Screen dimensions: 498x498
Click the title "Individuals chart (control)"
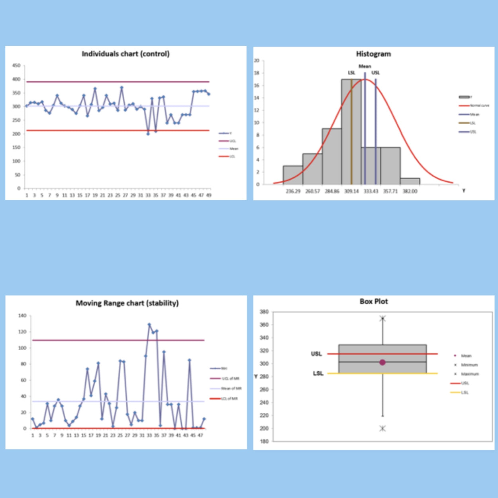pyautogui.click(x=125, y=54)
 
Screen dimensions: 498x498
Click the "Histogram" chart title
pyautogui.click(x=373, y=54)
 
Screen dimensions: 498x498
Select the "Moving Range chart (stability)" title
pyautogui.click(x=127, y=303)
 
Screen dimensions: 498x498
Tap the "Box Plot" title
pyautogui.click(x=373, y=302)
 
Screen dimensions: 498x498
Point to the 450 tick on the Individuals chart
pyautogui.click(x=16, y=66)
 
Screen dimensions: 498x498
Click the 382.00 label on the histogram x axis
pyautogui.click(x=410, y=191)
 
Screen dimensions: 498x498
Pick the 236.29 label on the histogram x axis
pyautogui.click(x=293, y=191)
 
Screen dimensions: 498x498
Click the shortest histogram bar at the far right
pyautogui.click(x=410, y=181)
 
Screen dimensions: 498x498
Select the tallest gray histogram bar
pyautogui.click(x=351, y=131)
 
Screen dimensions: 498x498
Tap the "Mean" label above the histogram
pyautogui.click(x=365, y=67)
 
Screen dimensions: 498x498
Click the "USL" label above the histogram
pyautogui.click(x=376, y=73)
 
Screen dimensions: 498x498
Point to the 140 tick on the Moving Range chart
pyautogui.click(x=22, y=316)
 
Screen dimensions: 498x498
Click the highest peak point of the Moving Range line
pyautogui.click(x=149, y=325)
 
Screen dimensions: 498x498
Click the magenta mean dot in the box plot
pyautogui.click(x=382, y=363)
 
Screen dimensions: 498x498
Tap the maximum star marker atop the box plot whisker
pyautogui.click(x=382, y=318)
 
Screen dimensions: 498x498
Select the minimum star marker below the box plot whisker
pyautogui.click(x=382, y=429)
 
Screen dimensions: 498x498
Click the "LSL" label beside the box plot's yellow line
pyautogui.click(x=318, y=374)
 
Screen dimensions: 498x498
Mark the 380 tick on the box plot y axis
pyautogui.click(x=264, y=312)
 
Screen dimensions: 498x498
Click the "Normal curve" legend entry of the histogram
pyautogui.click(x=479, y=106)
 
